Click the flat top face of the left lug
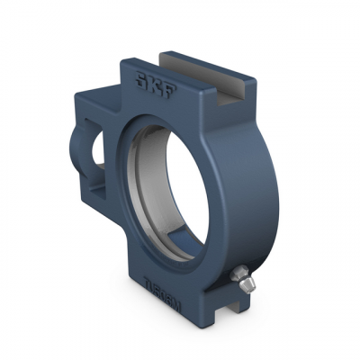coord(99,93)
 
